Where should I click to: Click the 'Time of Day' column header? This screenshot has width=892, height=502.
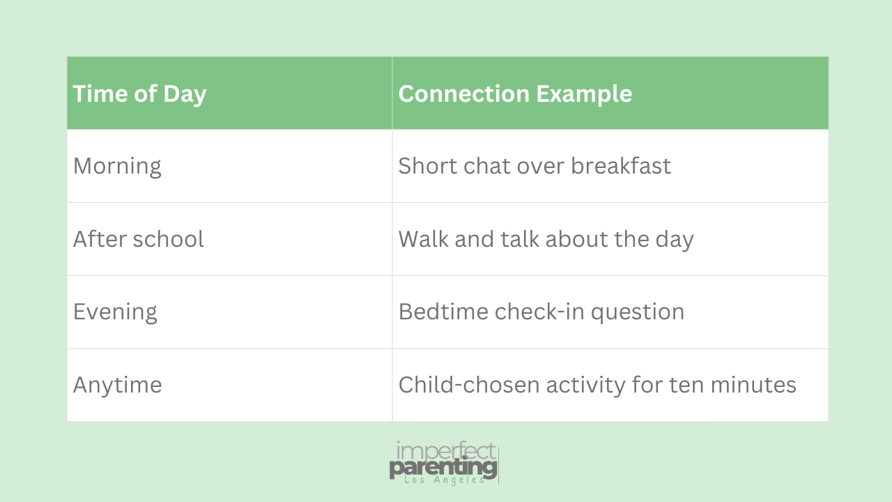pos(140,94)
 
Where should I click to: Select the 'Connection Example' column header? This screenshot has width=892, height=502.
pos(515,94)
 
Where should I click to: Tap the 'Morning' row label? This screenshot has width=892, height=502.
pos(117,167)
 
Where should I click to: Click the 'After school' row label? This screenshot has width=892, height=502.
pos(139,239)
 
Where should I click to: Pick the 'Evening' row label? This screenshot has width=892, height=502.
pos(115,312)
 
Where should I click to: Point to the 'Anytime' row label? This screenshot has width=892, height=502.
pos(118,386)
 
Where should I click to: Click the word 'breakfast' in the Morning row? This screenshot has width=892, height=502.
pos(621,165)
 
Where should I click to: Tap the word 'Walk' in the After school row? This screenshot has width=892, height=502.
pos(423,239)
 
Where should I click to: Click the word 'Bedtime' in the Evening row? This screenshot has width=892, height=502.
pos(443,312)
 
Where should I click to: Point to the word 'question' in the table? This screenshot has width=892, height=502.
pos(638,312)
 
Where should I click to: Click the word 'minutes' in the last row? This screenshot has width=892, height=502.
pos(753,385)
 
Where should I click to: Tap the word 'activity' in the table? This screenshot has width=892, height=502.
pos(586,386)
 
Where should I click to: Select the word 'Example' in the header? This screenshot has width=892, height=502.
pos(584,94)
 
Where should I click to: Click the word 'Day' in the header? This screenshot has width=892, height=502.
pos(185,95)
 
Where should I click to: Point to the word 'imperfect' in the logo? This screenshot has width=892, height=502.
pos(446,451)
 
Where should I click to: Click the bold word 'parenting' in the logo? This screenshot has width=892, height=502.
pos(443,467)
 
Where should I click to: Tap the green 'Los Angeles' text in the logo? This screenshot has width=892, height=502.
pos(444,480)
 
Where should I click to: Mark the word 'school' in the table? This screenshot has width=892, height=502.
pos(169,239)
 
